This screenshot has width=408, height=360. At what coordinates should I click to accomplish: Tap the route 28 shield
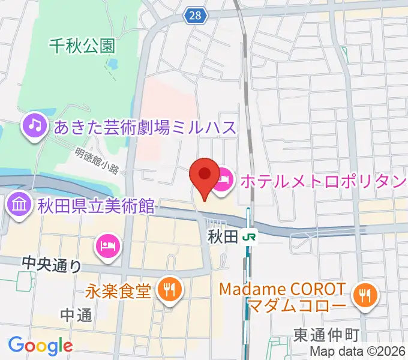pyautogui.click(x=197, y=16)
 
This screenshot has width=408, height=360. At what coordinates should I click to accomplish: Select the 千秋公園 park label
pyautogui.click(x=82, y=46)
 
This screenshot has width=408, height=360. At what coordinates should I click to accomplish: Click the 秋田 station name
pyautogui.click(x=223, y=237)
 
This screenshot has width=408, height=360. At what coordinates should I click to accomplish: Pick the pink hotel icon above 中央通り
pyautogui.click(x=108, y=245)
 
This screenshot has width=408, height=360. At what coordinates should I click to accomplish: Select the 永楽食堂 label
pyautogui.click(x=118, y=292)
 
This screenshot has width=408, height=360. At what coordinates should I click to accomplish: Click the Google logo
pyautogui.click(x=40, y=346)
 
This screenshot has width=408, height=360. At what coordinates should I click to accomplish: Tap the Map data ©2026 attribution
pyautogui.click(x=358, y=352)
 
